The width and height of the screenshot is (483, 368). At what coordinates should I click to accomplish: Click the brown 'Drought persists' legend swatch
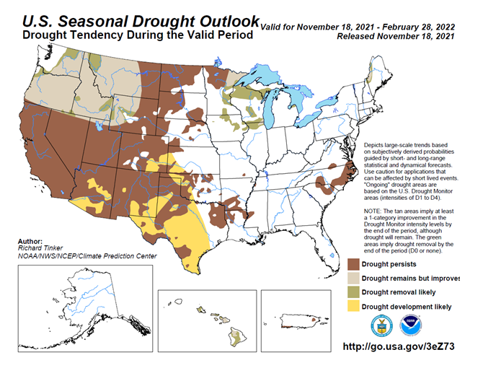(x=353, y=264)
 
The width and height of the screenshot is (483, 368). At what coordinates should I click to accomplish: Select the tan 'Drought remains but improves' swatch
(x=353, y=278)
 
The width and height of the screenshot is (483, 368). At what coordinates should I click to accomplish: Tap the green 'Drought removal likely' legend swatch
(x=353, y=292)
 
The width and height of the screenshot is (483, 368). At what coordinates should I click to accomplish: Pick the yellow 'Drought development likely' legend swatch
(x=353, y=307)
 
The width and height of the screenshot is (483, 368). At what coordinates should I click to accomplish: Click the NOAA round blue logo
(x=411, y=325)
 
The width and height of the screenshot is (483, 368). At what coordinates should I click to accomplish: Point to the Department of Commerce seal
(x=381, y=325)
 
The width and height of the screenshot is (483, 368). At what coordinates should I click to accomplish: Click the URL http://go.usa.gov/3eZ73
(x=399, y=346)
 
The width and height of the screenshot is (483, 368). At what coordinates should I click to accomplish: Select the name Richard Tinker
(x=40, y=248)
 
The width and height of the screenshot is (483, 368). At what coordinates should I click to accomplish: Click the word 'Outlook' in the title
(x=229, y=22)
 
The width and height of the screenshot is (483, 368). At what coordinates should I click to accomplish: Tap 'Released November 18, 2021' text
(x=396, y=36)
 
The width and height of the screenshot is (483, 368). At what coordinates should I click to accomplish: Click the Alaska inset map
(x=85, y=308)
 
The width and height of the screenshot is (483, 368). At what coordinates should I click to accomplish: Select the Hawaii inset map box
(x=207, y=321)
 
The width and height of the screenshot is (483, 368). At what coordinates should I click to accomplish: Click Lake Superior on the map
(x=259, y=77)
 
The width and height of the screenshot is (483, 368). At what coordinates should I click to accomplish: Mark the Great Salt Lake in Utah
(x=99, y=126)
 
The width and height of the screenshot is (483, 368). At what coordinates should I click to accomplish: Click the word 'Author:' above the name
(x=30, y=241)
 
